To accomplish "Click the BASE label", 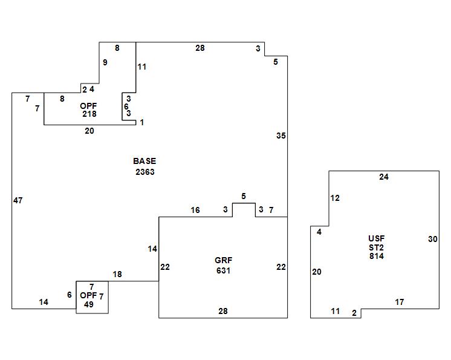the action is [x=144, y=161].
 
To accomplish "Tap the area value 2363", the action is [x=145, y=172].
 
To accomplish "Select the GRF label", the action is [x=223, y=260].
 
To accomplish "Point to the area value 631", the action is [x=223, y=271].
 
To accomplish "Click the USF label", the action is [x=376, y=238].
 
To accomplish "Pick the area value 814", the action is [x=377, y=256].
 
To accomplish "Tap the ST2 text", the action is [x=376, y=247].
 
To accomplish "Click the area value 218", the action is [x=89, y=114].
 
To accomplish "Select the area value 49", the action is [x=89, y=304].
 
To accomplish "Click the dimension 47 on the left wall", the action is [x=18, y=201].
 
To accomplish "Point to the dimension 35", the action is [x=281, y=136].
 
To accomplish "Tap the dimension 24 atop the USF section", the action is [x=384, y=177].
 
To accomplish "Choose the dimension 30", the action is [x=433, y=239].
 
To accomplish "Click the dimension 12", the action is [x=335, y=198].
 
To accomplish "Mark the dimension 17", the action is [x=399, y=302].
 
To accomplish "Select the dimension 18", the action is [x=117, y=275].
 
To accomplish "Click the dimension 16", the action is [x=195, y=211].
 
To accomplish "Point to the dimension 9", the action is [x=105, y=62].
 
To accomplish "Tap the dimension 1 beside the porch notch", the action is [x=142, y=123].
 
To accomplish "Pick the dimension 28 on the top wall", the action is [x=200, y=48].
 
